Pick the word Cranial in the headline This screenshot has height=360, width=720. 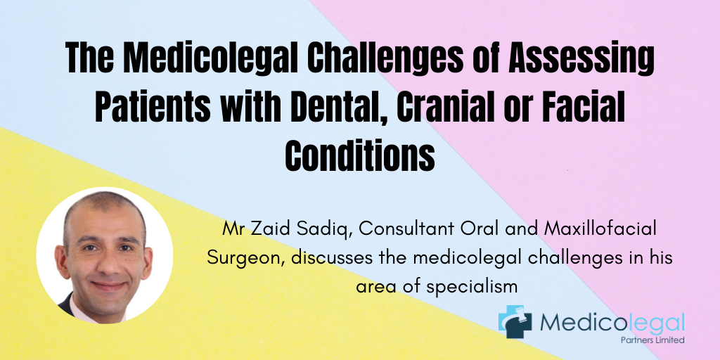click(454, 108)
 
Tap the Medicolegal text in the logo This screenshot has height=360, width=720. click(612, 323)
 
